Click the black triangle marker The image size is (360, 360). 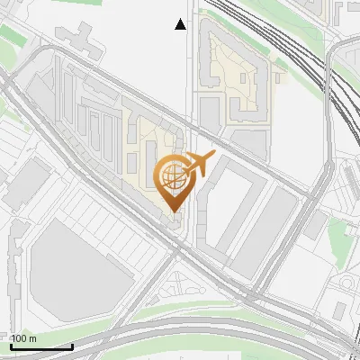tap(181, 24)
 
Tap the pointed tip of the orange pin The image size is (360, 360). tap(173, 211)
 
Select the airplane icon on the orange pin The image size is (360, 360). tap(198, 165)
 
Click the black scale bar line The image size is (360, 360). tap(41, 346)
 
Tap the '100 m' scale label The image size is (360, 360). tap(24, 338)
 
